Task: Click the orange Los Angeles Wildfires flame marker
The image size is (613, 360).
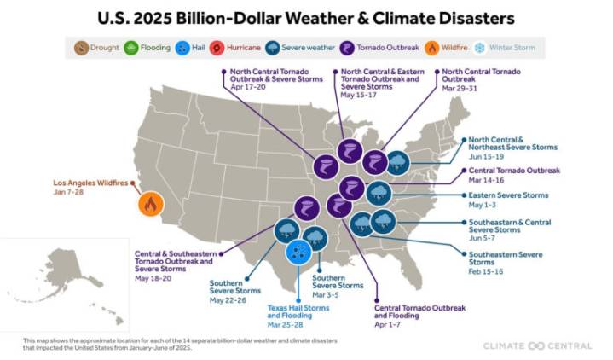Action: pyautogui.click(x=151, y=204)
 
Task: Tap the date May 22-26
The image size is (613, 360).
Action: pyautogui.click(x=228, y=299)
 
